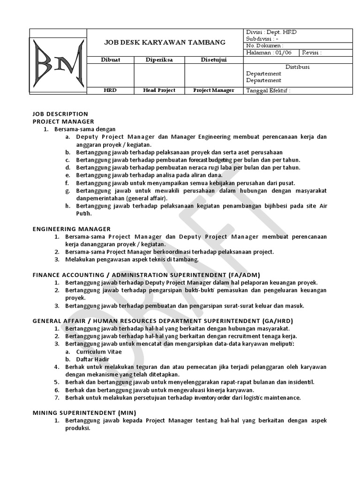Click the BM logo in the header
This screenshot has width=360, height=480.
coord(59,61)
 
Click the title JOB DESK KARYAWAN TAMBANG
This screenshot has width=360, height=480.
coord(165,43)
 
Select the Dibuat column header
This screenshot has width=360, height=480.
coord(110,60)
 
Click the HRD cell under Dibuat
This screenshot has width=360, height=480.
coord(110,90)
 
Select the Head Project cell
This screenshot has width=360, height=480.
coord(159,90)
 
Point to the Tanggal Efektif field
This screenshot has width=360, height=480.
coord(268,90)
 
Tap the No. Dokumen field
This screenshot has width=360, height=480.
coord(265,45)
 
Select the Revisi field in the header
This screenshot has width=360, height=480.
coord(312,53)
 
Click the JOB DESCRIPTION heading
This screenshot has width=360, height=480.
coord(60,114)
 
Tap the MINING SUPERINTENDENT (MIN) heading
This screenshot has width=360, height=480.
coord(84,412)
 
